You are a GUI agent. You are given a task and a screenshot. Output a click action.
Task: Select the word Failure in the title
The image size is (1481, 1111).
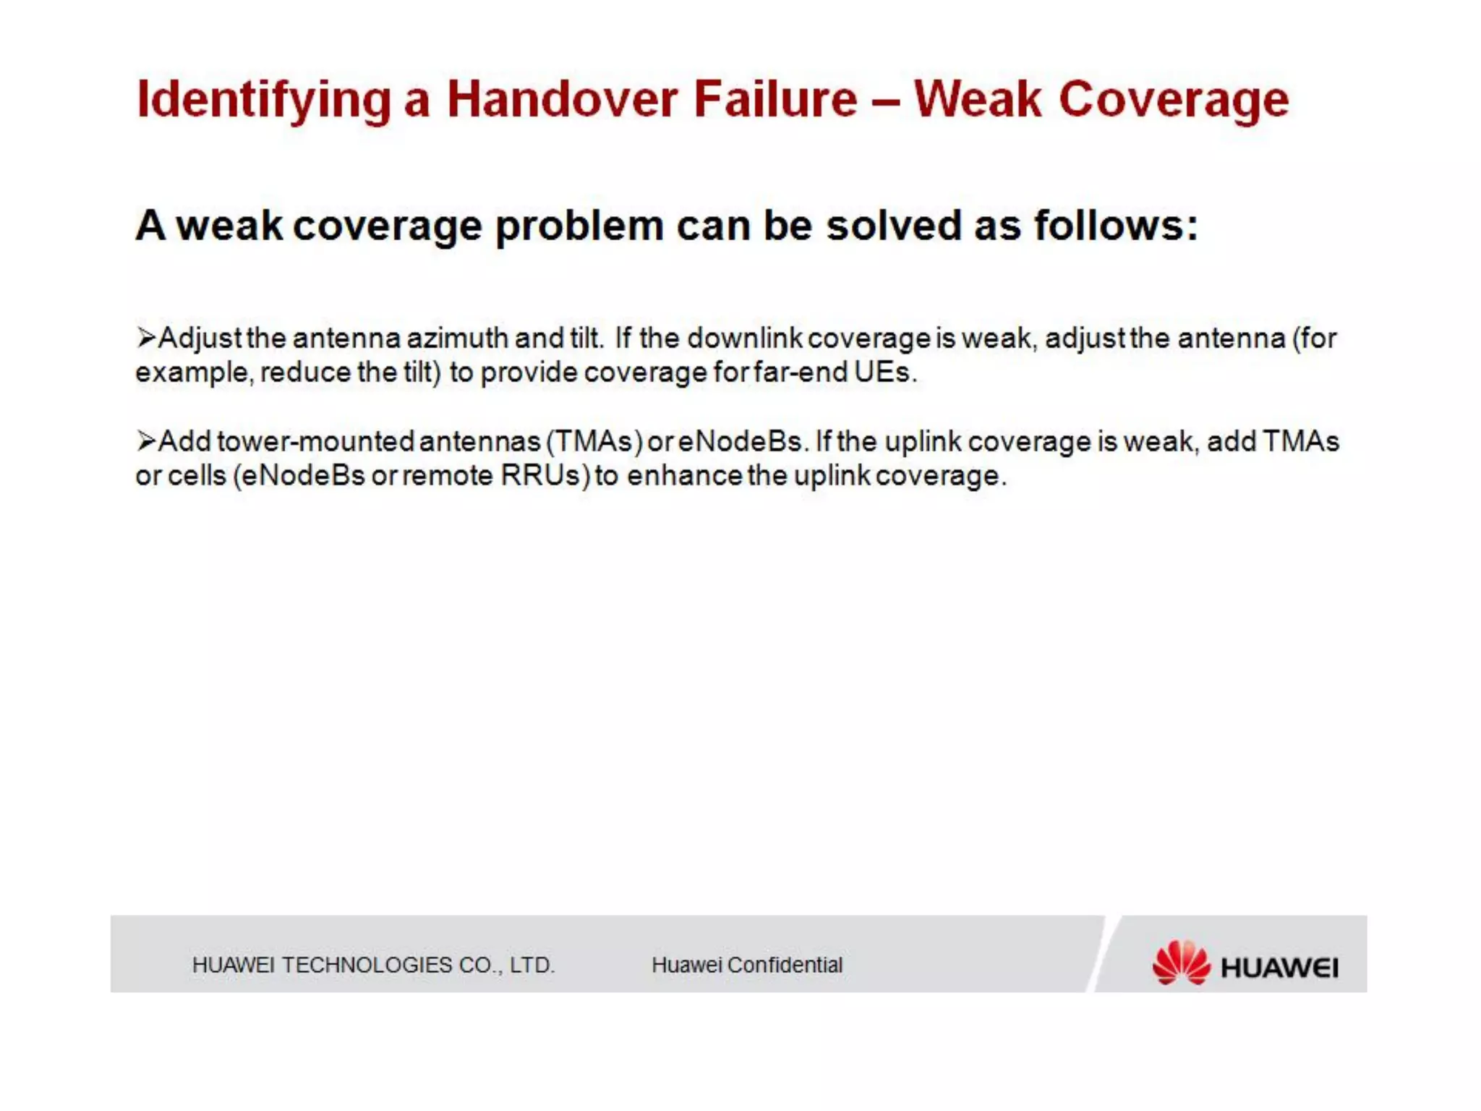(774, 99)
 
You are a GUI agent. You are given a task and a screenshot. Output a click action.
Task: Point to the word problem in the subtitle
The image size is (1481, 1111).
(579, 226)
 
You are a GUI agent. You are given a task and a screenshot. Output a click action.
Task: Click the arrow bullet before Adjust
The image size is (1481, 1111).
(146, 338)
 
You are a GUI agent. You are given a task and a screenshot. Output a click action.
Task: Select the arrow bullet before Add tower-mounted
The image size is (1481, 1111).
(146, 440)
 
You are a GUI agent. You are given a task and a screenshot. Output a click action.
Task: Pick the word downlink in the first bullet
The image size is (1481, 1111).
(744, 338)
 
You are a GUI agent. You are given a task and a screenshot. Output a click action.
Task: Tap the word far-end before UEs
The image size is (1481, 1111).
(799, 373)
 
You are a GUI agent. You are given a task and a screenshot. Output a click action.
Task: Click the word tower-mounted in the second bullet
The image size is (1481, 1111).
(315, 441)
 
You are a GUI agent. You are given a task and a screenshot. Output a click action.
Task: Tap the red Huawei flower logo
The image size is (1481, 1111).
(1180, 963)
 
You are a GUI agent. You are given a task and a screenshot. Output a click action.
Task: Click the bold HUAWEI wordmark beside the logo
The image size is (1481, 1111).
(1279, 968)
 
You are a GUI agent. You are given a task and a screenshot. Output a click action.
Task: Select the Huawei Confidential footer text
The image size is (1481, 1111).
(747, 965)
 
